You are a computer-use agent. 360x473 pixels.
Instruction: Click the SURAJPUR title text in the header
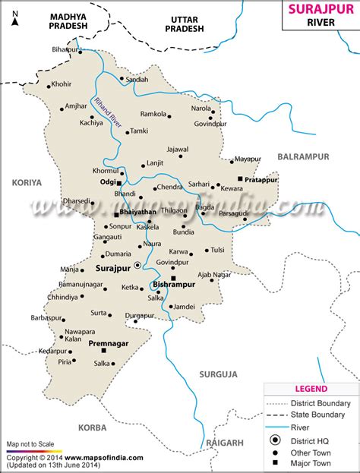click(320, 10)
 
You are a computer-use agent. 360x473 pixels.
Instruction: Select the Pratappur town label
click(262, 181)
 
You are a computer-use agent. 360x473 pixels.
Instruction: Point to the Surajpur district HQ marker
click(137, 265)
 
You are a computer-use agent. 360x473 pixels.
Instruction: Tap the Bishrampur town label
click(174, 285)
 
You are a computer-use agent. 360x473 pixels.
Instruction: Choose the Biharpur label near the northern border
click(65, 49)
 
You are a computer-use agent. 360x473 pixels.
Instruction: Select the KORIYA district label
click(27, 182)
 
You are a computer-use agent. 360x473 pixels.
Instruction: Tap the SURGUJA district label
click(219, 374)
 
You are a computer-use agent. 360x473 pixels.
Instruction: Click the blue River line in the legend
click(276, 427)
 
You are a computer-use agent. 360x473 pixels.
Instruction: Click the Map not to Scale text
click(31, 443)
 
